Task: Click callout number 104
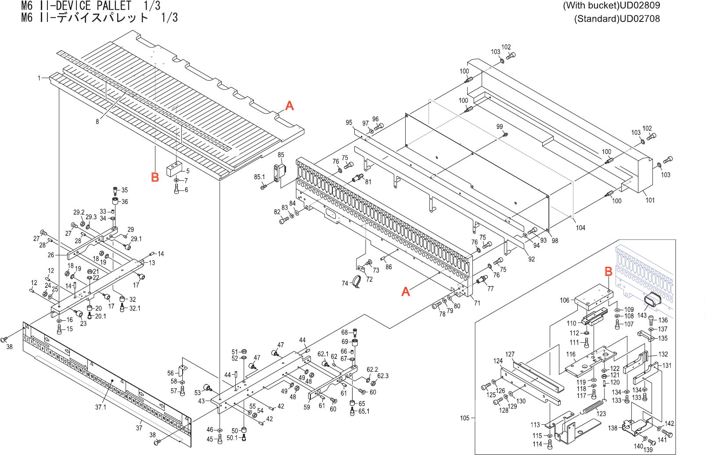point(580,228)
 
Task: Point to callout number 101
point(650,200)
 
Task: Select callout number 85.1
point(259,177)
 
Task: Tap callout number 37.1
point(101,407)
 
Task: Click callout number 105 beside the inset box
point(465,418)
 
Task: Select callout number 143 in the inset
point(642,315)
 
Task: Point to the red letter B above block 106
point(609,272)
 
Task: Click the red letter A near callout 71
point(406,291)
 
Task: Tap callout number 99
point(499,127)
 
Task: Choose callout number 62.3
point(383,376)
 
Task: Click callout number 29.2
point(79,212)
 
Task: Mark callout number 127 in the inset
point(510,355)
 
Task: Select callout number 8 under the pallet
point(97,122)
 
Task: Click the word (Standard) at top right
point(590,19)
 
